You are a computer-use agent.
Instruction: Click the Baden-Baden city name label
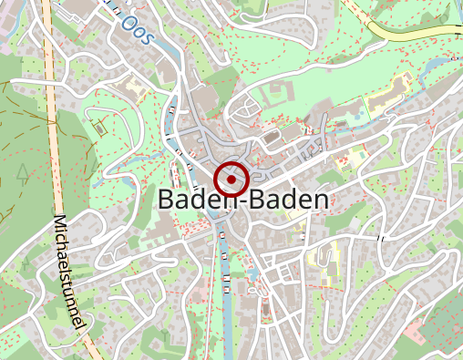point(243,200)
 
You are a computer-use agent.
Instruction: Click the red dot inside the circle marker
point(232,180)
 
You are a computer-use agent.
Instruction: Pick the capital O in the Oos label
point(129,21)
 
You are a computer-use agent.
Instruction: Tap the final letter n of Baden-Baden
point(320,201)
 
